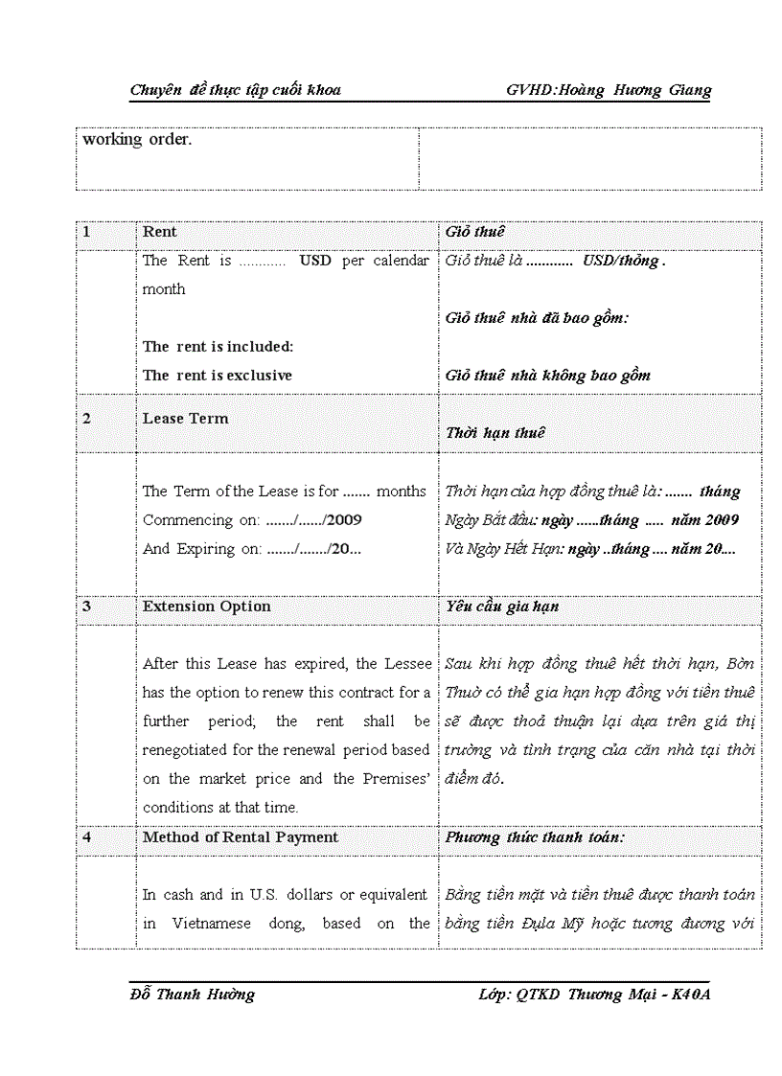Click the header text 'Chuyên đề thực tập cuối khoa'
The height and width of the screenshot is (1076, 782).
[236, 90]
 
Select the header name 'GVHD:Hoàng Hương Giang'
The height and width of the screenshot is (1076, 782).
[609, 90]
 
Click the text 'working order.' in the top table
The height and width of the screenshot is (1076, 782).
[137, 139]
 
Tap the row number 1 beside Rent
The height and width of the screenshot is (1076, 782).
[86, 232]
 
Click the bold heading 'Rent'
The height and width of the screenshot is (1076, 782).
[160, 232]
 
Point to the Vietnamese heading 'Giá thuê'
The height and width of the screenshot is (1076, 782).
[474, 232]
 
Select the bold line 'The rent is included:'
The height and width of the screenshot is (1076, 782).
[218, 347]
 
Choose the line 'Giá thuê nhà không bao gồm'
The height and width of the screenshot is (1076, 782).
[547, 376]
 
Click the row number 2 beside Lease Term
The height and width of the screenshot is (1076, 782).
[86, 419]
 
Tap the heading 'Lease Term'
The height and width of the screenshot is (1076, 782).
[186, 419]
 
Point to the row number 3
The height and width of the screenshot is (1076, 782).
[86, 607]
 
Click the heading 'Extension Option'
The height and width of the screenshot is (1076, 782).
[206, 607]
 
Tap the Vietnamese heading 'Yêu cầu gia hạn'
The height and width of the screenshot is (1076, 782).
[502, 607]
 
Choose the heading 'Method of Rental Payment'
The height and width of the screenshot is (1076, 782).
[241, 837]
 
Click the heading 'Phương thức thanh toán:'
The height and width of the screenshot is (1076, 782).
[535, 837]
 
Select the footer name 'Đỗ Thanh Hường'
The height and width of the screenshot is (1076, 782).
[193, 995]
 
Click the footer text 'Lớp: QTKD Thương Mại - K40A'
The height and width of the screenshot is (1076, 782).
[594, 995]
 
